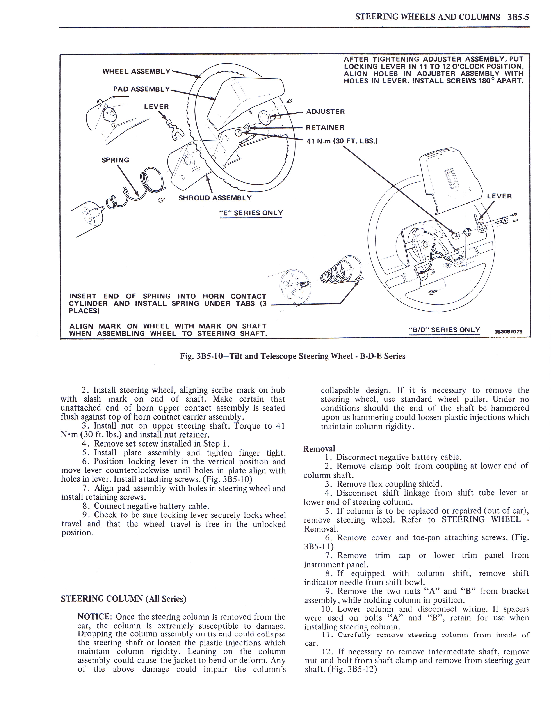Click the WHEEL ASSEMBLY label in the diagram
136,71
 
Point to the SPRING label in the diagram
115,160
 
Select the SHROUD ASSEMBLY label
215,198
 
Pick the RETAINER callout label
325,128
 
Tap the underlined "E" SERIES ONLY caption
251,213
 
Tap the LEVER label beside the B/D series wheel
499,196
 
